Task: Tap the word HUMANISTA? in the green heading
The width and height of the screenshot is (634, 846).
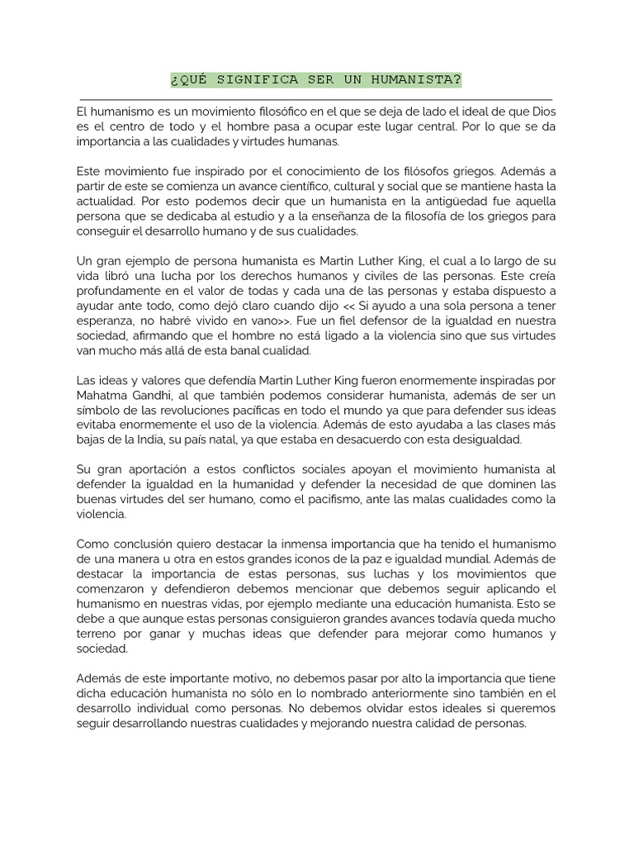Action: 419,80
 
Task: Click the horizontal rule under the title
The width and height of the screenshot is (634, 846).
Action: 316,99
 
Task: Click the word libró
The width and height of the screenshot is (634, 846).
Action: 125,276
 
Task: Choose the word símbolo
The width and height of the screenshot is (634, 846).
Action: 101,410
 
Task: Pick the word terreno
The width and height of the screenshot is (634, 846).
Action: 100,634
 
